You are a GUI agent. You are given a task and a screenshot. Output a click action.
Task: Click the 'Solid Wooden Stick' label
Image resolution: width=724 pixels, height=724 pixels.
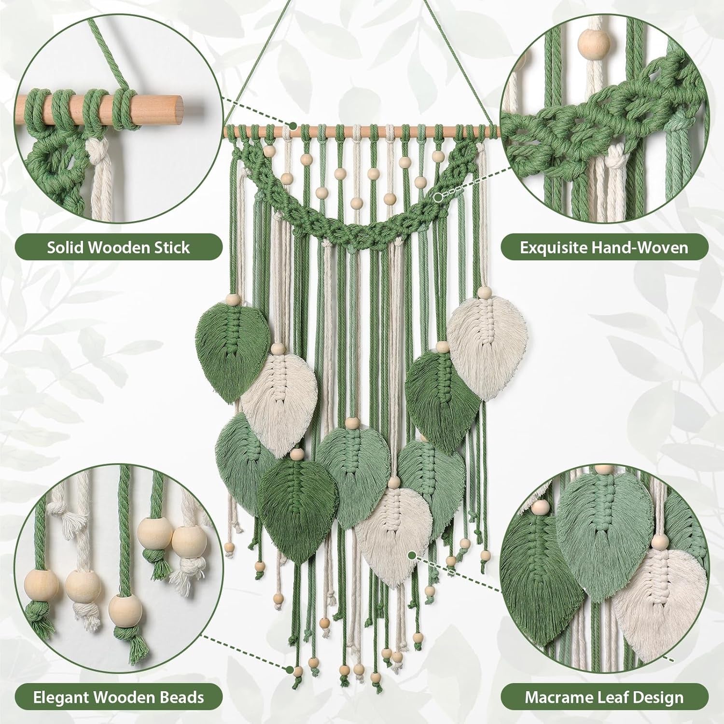(x=118, y=248)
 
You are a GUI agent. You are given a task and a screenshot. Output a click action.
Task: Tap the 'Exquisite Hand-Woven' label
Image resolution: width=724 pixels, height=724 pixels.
(x=604, y=248)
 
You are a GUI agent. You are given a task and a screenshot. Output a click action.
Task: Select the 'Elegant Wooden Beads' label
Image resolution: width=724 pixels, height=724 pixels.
(x=118, y=697)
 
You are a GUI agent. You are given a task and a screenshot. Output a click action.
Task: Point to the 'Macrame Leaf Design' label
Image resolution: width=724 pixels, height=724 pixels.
(x=604, y=697)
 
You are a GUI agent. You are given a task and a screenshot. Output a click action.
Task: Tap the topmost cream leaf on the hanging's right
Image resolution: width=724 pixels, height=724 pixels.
(x=487, y=338)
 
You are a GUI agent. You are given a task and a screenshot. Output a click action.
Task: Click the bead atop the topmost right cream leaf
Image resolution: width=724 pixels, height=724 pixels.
(x=485, y=292)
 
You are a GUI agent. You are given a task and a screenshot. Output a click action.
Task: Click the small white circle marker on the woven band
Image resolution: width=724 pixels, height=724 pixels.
(x=438, y=197)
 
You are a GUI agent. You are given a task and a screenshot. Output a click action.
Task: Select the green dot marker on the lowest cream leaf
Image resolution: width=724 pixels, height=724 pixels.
(x=412, y=556)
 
